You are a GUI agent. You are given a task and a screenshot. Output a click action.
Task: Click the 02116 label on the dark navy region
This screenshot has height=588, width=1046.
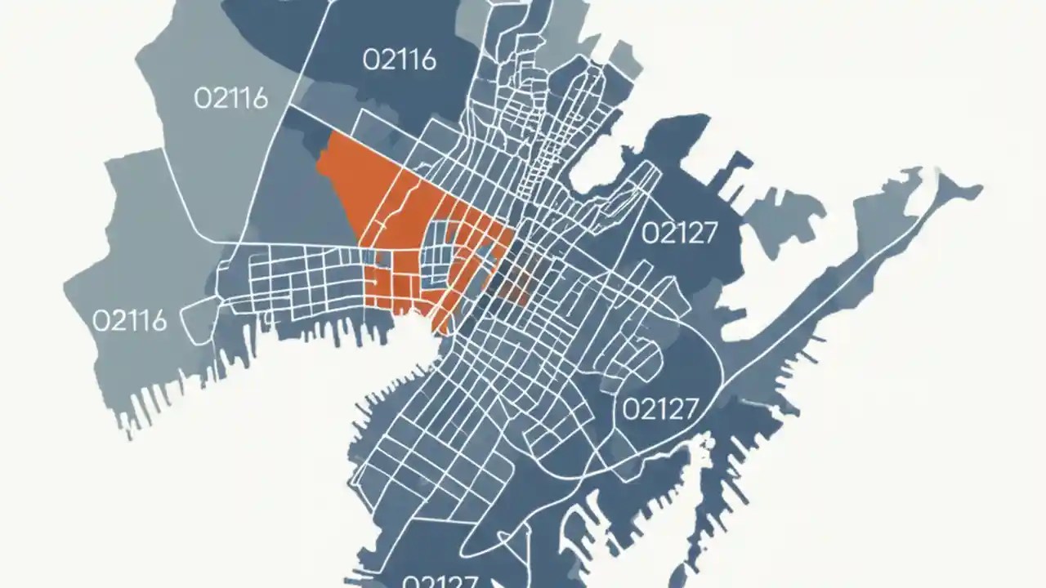pos(399,60)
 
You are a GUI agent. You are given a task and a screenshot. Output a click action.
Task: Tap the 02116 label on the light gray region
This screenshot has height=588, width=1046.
pos(230,98)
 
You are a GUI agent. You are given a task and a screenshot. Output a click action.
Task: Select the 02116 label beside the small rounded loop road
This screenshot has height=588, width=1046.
pos(130,319)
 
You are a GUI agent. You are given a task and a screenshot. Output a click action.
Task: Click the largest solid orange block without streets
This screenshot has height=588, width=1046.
pos(347,176)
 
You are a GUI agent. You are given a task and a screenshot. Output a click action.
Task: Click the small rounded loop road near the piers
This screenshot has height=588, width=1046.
pos(196,320)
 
